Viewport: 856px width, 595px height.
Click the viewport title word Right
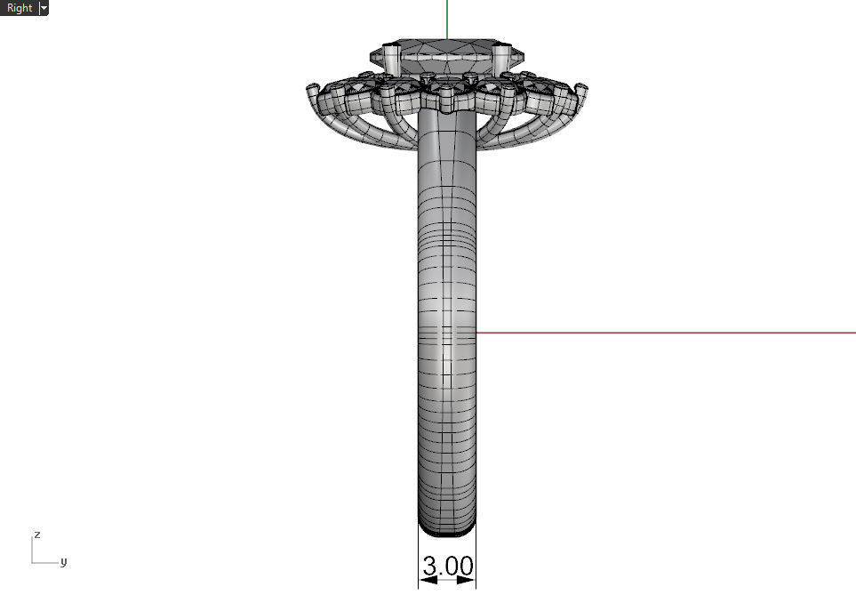pyautogui.click(x=19, y=8)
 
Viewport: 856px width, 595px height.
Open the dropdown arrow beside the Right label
pyautogui.click(x=44, y=8)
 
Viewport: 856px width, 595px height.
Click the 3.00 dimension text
pyautogui.click(x=447, y=566)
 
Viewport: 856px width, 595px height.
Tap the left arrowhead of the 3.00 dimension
pyautogui.click(x=425, y=580)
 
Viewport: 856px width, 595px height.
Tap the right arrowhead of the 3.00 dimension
pyautogui.click(x=469, y=580)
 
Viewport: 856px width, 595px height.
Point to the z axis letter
pyautogui.click(x=36, y=535)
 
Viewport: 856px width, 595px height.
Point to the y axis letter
pyautogui.click(x=63, y=562)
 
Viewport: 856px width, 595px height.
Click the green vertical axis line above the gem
pyautogui.click(x=447, y=18)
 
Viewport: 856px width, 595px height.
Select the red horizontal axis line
pyautogui.click(x=667, y=333)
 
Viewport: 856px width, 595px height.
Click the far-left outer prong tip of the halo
pyautogui.click(x=312, y=89)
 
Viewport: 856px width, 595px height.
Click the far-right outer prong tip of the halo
pyautogui.click(x=582, y=89)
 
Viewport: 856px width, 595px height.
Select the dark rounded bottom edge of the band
pyautogui.click(x=447, y=532)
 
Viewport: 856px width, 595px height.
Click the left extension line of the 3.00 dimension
pyautogui.click(x=418, y=560)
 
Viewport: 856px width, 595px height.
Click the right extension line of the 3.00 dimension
pyautogui.click(x=476, y=560)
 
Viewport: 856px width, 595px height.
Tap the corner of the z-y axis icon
pyautogui.click(x=33, y=562)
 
